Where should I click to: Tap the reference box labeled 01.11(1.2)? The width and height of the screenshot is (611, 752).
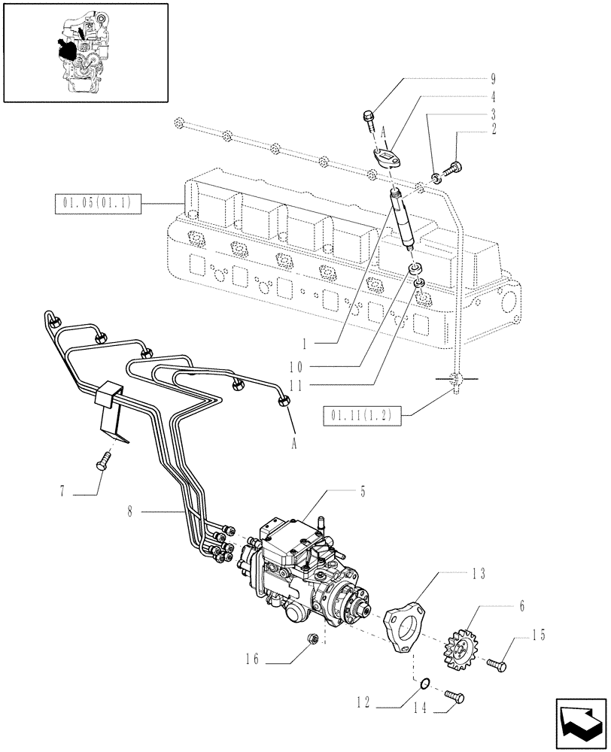click(363, 413)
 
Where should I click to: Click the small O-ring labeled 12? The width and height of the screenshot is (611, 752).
click(426, 683)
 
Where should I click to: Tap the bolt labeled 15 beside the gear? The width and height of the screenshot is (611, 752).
click(497, 665)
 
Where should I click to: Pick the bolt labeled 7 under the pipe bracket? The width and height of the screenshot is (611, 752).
click(104, 460)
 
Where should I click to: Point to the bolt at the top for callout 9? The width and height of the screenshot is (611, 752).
click(369, 116)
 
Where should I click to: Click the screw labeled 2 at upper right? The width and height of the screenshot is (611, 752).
click(454, 167)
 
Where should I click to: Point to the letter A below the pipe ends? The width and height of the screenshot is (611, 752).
click(294, 444)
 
